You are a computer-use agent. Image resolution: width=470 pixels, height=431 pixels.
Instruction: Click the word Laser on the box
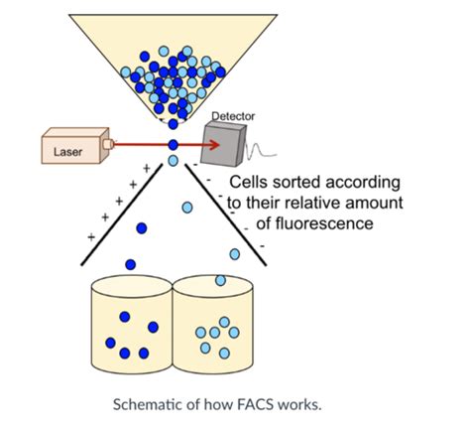tap(67, 152)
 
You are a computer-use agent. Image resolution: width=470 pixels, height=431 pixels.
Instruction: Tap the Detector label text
tap(233, 116)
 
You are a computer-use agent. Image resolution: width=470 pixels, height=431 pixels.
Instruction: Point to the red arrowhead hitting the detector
tap(214, 145)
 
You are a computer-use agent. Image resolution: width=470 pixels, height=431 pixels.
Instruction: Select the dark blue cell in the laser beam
tap(173, 145)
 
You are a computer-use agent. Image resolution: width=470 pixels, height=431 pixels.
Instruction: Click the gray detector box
tap(224, 143)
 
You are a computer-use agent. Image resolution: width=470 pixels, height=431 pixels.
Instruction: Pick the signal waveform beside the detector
tap(261, 150)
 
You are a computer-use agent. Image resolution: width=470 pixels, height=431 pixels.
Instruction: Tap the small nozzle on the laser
tap(108, 144)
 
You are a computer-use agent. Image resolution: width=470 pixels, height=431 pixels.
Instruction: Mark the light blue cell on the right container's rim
tap(220, 280)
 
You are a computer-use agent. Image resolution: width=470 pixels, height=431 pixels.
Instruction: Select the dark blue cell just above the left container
tap(131, 264)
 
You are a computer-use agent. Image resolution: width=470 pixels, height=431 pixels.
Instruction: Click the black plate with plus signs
tap(122, 215)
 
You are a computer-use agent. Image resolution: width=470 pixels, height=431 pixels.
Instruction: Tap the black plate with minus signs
tap(225, 215)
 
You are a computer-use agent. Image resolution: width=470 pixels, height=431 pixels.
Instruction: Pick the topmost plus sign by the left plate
tap(147, 169)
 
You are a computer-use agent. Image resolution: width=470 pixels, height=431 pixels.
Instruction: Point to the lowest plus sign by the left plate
tap(91, 237)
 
